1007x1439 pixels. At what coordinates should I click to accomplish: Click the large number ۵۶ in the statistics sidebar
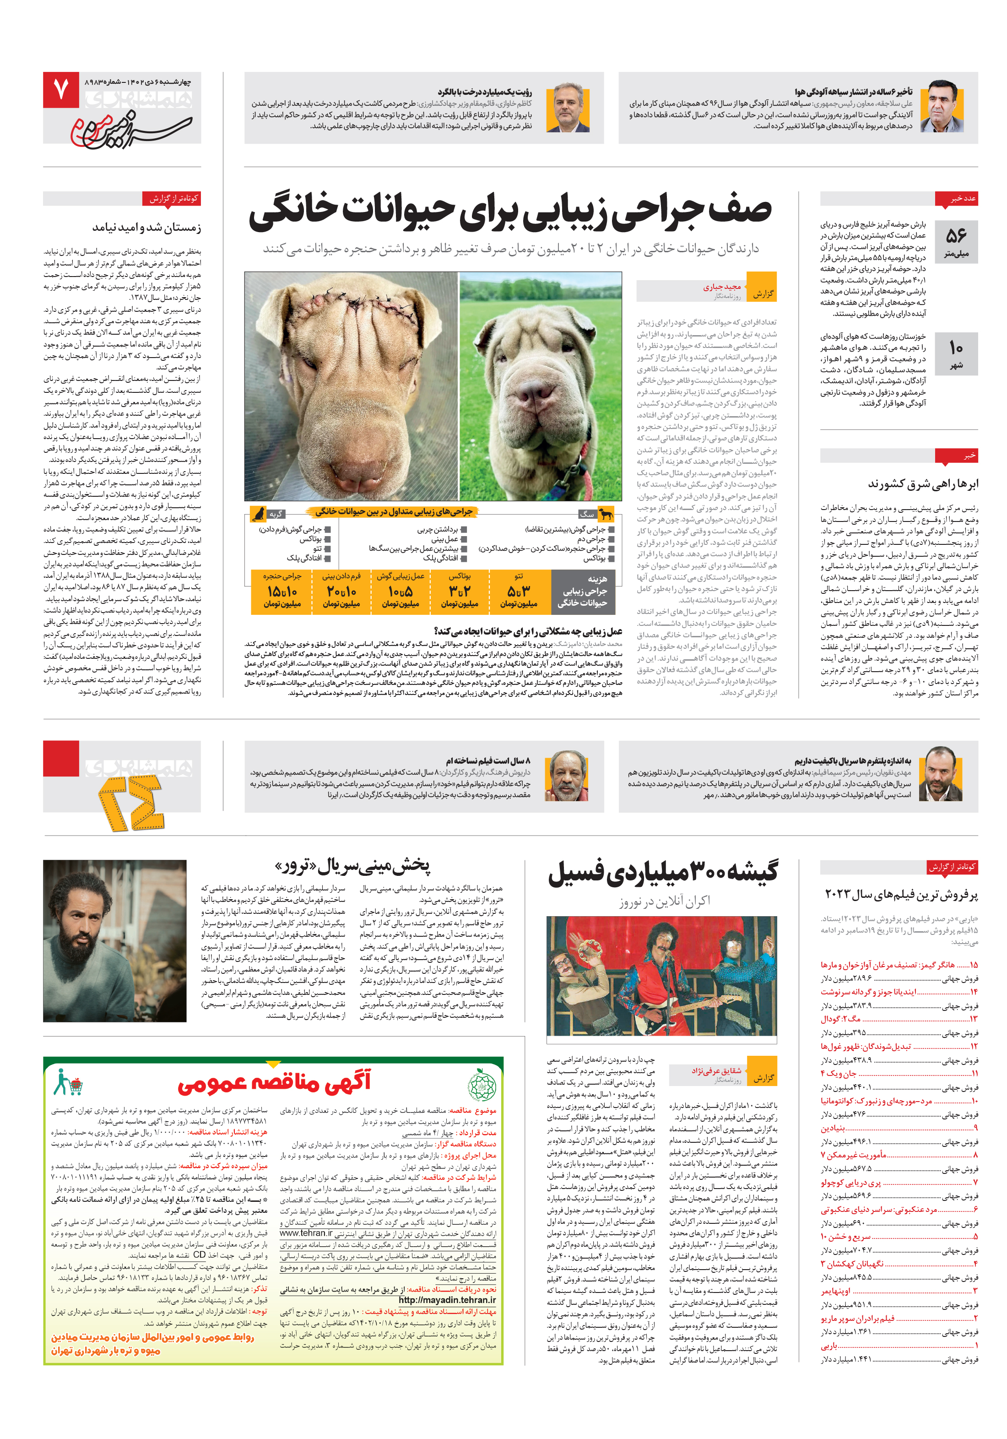[x=956, y=236]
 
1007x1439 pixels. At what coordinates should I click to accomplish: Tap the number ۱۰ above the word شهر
[x=956, y=347]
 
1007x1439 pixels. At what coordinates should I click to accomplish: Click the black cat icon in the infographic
[x=257, y=514]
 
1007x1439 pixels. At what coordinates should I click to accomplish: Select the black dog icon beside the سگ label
[x=605, y=514]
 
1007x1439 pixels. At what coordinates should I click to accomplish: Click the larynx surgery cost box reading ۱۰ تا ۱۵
[x=282, y=591]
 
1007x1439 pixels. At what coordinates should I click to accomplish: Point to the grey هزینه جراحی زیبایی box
[x=583, y=591]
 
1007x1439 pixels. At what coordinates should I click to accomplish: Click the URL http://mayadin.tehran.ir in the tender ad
[x=447, y=1300]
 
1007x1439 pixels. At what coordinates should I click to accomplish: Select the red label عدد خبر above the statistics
[x=956, y=199]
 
